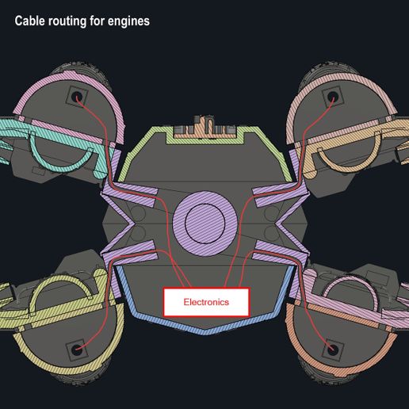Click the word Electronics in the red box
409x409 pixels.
(x=206, y=302)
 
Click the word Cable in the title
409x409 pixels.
(x=29, y=21)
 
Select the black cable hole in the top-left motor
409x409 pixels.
(x=77, y=95)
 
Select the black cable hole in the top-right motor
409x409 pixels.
(x=332, y=96)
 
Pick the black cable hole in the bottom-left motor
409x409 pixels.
(x=76, y=350)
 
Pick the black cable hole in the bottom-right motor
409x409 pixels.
(x=333, y=350)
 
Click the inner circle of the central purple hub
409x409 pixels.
(x=205, y=224)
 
